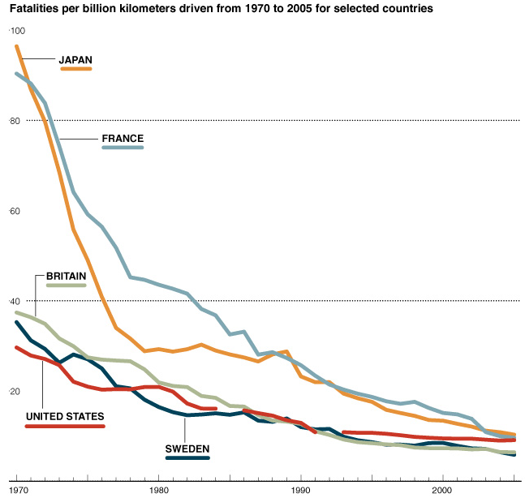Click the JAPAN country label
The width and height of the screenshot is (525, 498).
coord(75,59)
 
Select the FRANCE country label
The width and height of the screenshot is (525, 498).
coord(123,139)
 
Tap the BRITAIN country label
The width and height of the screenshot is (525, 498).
coord(67,276)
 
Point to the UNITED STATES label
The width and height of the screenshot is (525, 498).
coord(65,417)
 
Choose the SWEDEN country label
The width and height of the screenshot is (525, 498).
coord(187,449)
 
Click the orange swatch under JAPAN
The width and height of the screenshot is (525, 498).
coord(76,69)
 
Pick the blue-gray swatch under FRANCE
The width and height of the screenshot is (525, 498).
coord(123,148)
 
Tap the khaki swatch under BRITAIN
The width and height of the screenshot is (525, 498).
coord(67,285)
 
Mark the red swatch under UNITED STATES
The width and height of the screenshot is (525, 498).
coord(65,426)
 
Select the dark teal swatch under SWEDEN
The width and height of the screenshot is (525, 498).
coord(187,457)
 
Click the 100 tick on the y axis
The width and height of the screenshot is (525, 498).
coord(18,31)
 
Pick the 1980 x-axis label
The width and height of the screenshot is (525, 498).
coord(158,491)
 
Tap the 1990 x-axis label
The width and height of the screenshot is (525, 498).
coord(300,491)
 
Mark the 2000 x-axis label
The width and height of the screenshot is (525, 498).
coord(442,491)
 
